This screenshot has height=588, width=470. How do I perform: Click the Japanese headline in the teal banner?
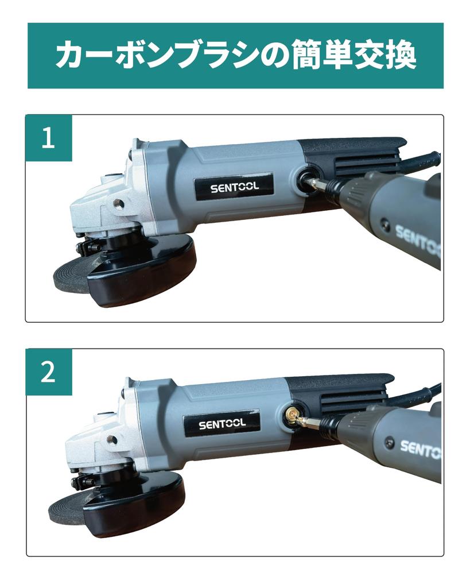coord(235,56)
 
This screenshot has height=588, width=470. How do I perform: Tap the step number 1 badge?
coord(49,138)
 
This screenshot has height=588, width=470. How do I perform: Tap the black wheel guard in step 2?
coord(135,508)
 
